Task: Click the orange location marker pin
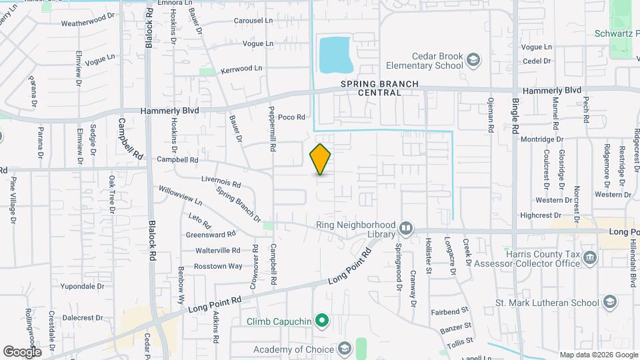pyautogui.click(x=320, y=159)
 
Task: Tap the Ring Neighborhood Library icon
pyautogui.click(x=405, y=229)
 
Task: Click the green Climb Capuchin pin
pyautogui.click(x=322, y=322)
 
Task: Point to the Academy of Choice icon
pyautogui.click(x=344, y=349)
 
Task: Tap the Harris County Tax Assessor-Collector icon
pyautogui.click(x=589, y=257)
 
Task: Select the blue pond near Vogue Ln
pyautogui.click(x=336, y=55)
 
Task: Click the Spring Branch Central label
pyautogui.click(x=379, y=88)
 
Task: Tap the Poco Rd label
pyautogui.click(x=291, y=117)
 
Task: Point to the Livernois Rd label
pyautogui.click(x=221, y=182)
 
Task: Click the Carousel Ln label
pyautogui.click(x=253, y=21)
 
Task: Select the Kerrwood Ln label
pyautogui.click(x=241, y=69)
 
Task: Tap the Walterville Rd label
pyautogui.click(x=217, y=251)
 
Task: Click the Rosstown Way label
pyautogui.click(x=218, y=266)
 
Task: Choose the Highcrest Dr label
pyautogui.click(x=538, y=215)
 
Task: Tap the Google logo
pyautogui.click(x=22, y=352)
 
